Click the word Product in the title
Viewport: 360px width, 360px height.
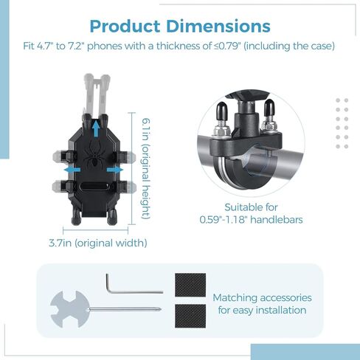coord(125,27)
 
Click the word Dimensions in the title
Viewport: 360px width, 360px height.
coord(218,26)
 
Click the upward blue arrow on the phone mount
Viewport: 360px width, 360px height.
coord(97,128)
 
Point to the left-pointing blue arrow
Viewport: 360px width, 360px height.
coord(72,170)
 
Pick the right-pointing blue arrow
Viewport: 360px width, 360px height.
coord(115,170)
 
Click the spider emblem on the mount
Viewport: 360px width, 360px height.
coord(94,154)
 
